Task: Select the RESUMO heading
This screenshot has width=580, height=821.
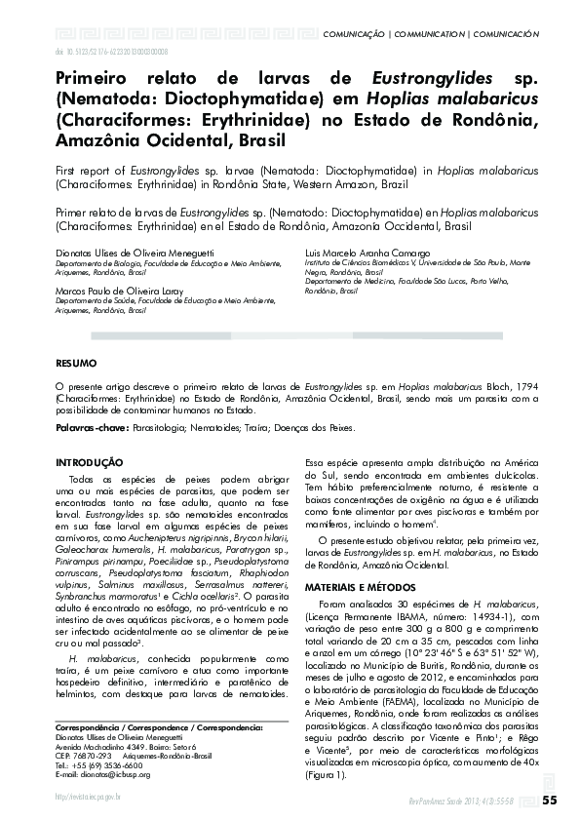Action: [x=76, y=363]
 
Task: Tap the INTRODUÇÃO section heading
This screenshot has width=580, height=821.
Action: [x=89, y=461]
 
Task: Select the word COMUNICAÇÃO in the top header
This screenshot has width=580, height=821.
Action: [x=353, y=33]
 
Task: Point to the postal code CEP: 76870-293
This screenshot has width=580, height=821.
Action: [x=83, y=757]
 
